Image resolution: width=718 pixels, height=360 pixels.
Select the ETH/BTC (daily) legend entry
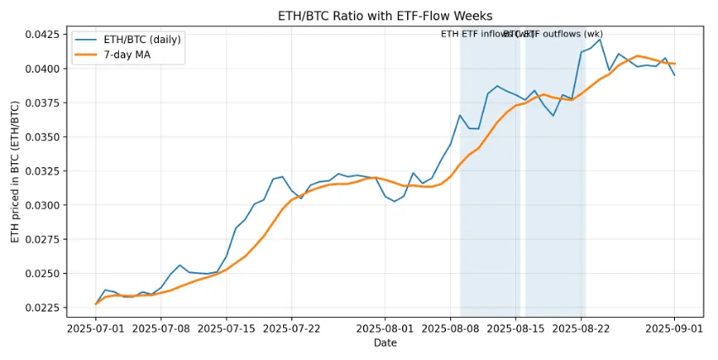coord(139,40)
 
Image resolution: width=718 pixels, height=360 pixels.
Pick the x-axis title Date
coord(385,343)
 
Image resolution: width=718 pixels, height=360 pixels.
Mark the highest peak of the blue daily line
coord(600,39)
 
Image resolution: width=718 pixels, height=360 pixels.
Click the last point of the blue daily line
coord(674,75)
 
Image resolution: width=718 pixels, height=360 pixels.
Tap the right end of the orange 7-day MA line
coord(674,63)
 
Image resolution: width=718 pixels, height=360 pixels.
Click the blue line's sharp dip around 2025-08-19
coord(553,116)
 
